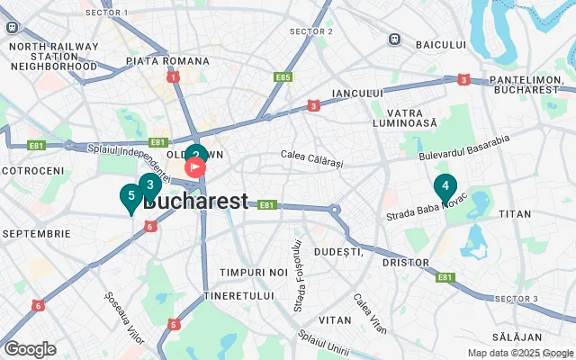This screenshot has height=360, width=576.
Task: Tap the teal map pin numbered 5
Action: (131, 195)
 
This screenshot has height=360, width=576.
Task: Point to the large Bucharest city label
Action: (195, 202)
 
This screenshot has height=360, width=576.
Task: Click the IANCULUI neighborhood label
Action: (357, 93)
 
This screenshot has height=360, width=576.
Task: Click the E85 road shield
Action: (283, 77)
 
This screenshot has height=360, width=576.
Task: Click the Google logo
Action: (30, 349)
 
